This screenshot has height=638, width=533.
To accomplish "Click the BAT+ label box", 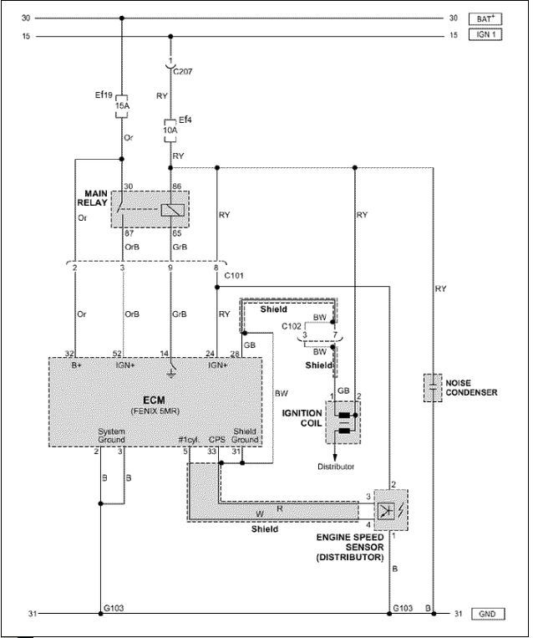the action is (485, 19).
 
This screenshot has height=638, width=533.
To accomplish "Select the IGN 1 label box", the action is (485, 34).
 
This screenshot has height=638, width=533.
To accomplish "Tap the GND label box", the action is (487, 614).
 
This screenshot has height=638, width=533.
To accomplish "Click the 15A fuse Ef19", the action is (122, 106).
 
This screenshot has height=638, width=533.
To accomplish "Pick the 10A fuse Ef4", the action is (170, 130).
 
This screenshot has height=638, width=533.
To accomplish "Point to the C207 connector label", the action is (183, 72).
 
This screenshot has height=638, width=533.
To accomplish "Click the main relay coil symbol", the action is (173, 210).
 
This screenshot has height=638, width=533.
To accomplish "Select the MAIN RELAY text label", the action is (93, 198).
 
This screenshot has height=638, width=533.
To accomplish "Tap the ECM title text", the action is (154, 400).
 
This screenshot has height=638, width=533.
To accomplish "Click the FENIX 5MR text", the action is (155, 411).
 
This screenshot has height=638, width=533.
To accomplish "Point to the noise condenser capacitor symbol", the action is (433, 388).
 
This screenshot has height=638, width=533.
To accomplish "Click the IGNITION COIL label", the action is (302, 418).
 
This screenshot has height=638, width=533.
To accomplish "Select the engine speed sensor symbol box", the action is (391, 510).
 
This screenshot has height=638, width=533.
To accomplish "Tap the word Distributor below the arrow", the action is (336, 467).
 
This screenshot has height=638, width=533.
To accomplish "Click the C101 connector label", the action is (234, 276).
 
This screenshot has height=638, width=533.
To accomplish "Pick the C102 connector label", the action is (292, 326).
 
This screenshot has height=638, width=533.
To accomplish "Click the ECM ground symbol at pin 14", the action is (171, 372).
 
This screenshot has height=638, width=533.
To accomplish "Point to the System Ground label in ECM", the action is (111, 436).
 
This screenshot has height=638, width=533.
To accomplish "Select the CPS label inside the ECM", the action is (216, 440).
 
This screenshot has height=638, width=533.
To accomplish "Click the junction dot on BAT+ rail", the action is (122, 18).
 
